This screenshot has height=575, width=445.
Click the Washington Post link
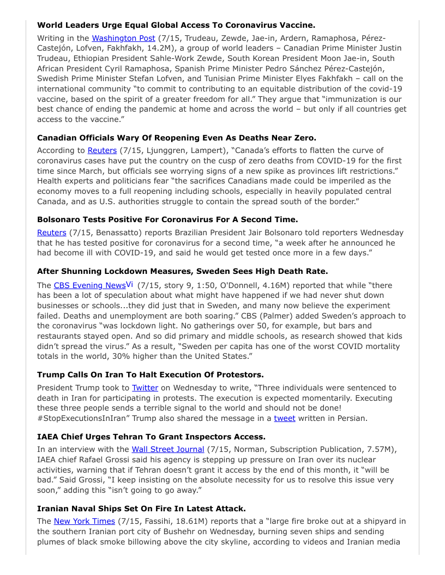pos(123,38)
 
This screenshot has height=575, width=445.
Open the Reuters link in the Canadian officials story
pos(102,150)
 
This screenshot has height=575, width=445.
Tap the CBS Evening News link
pos(89,285)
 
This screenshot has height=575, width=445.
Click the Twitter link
pos(145,388)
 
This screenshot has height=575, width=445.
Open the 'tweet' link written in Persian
pos(284,418)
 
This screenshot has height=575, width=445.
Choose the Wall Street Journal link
pos(167,449)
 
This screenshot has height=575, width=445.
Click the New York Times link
pos(84,521)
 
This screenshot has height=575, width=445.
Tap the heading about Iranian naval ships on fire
pos(141,508)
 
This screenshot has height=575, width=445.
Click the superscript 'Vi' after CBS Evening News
pos(130,284)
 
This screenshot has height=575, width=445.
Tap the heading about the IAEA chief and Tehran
pos(151,436)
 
